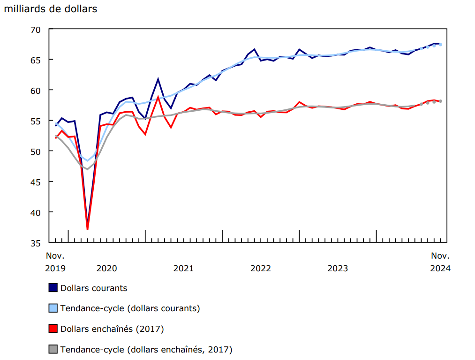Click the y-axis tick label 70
coord(37,30)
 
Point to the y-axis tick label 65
coord(37,60)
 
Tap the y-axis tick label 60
coord(37,91)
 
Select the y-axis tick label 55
coord(37,121)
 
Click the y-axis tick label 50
coord(37,152)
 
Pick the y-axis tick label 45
coord(37,182)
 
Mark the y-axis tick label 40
coord(37,213)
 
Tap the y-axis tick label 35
coord(37,243)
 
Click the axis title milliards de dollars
coord(51,9)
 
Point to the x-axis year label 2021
coord(183,268)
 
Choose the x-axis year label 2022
coord(261,268)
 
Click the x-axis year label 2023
coord(338,268)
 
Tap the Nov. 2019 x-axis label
coord(55,262)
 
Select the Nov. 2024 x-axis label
coord(440,262)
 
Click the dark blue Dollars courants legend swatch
coord(53,288)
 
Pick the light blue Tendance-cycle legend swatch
coord(53,308)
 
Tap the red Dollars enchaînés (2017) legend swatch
coord(53,329)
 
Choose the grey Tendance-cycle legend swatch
coord(53,350)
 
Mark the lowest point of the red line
coord(88,229)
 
